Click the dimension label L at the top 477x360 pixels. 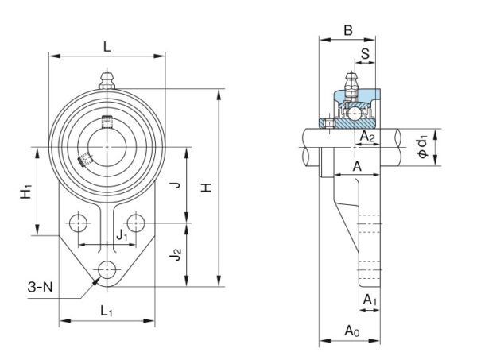coord(107,46)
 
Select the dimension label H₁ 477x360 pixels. coord(27,192)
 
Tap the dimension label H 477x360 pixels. coord(206,188)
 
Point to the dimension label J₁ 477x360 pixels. coord(121,235)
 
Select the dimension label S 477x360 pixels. coord(365,54)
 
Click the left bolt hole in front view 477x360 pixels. coord(78,223)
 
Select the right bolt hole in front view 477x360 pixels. coord(137,223)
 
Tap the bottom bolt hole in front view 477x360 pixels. coord(107,269)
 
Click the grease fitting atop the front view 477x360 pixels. coord(107,80)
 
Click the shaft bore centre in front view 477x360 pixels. coord(107,148)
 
